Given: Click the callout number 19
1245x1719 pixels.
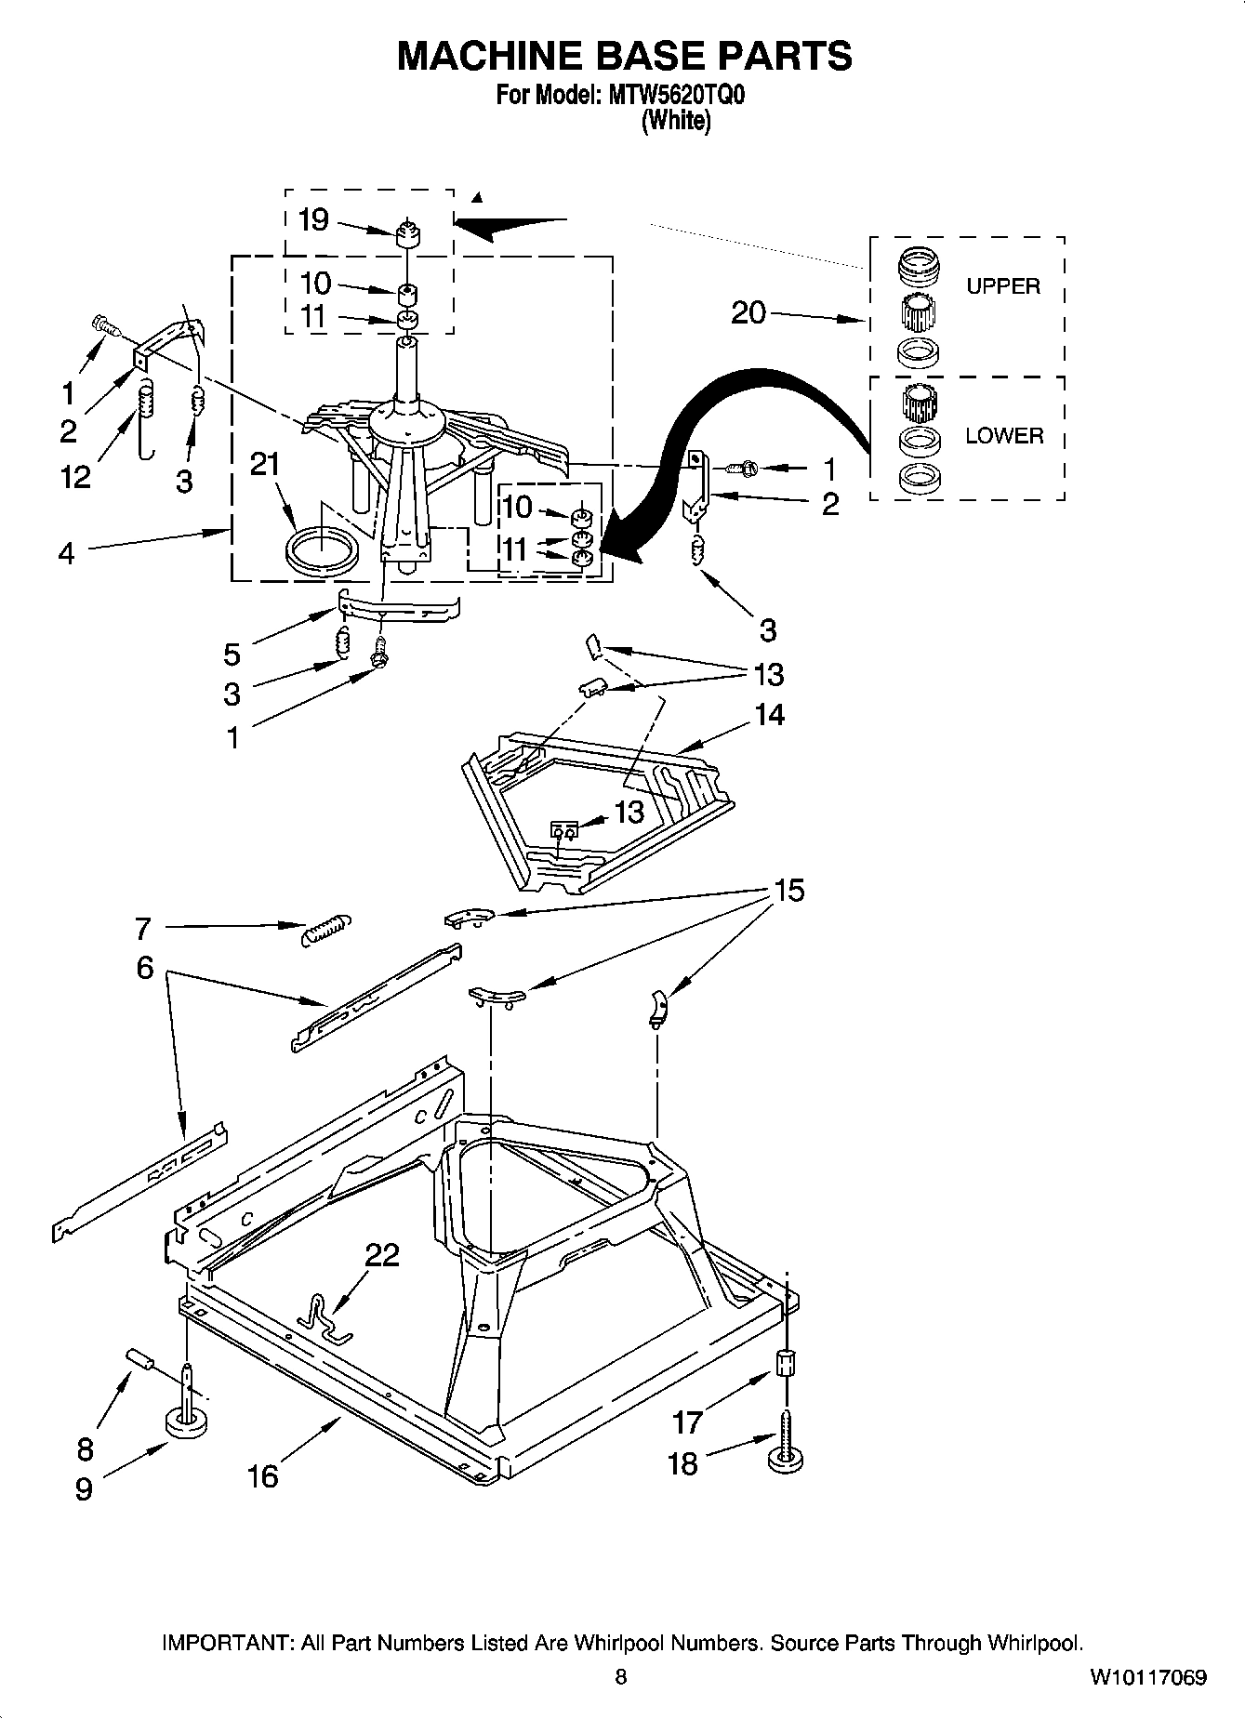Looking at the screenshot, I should [313, 220].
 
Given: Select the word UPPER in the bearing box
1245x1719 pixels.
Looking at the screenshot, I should [1002, 286].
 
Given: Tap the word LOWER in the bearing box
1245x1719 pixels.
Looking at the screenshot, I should [1003, 435].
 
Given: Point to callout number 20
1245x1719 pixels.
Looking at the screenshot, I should [748, 312].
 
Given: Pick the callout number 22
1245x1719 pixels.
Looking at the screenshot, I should [382, 1255].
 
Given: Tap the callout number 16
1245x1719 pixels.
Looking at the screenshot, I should [263, 1475].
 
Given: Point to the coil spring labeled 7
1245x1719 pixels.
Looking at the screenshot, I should [327, 928].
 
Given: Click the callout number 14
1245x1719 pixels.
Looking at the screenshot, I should [769, 715].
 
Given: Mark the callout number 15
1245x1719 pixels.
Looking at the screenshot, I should [788, 891].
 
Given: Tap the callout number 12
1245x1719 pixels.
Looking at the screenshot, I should [75, 477].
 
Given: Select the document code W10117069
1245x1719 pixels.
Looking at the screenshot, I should [1148, 1677].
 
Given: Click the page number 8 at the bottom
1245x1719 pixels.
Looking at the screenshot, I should [621, 1677].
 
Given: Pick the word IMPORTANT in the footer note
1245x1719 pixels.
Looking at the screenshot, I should [226, 1643].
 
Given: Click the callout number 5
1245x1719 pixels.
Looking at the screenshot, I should [232, 654].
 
